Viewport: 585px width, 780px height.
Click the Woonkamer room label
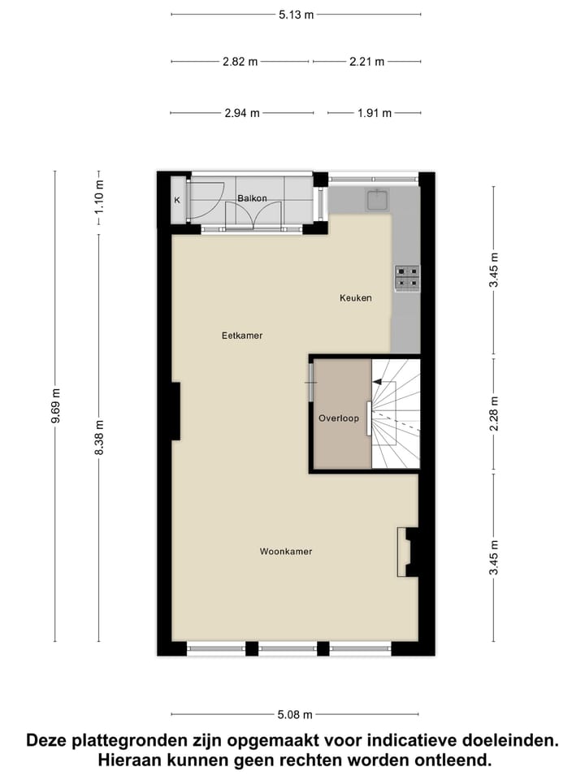(x=285, y=552)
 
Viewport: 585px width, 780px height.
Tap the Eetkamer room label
(x=242, y=335)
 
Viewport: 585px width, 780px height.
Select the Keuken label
(x=355, y=298)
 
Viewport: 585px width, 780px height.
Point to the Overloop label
(x=338, y=418)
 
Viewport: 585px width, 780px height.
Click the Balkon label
(x=252, y=198)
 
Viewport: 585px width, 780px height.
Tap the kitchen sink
(x=378, y=199)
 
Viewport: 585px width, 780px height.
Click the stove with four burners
(x=406, y=278)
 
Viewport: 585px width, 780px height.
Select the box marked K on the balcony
(x=177, y=201)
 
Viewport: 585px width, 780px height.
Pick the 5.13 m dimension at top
(x=296, y=14)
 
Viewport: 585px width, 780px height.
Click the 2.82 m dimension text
(x=240, y=62)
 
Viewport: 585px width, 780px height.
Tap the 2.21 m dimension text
(x=366, y=62)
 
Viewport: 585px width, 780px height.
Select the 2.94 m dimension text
(x=242, y=114)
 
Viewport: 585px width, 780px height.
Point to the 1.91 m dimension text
(x=375, y=114)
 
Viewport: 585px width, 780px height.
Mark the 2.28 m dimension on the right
(x=493, y=414)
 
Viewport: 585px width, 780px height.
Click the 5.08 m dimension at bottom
(x=295, y=715)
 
